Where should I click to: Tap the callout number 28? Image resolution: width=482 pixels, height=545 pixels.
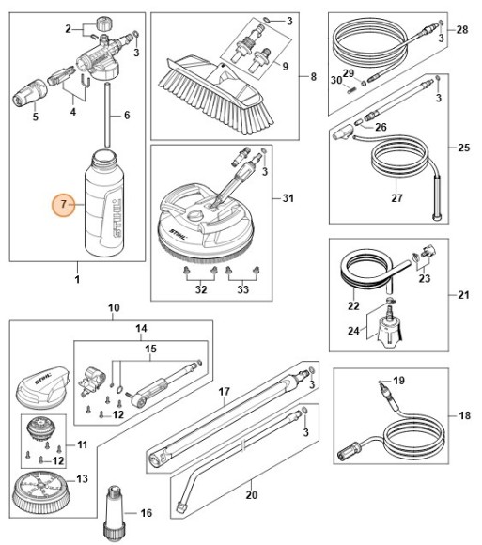(x=461, y=31)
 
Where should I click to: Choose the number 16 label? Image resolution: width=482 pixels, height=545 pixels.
(x=146, y=513)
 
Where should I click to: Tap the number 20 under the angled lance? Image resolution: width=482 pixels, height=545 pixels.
(x=250, y=494)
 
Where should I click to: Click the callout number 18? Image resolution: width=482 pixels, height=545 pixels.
(x=462, y=414)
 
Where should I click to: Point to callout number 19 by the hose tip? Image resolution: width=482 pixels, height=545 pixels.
(x=398, y=381)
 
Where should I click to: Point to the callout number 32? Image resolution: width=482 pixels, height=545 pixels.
(x=200, y=291)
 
